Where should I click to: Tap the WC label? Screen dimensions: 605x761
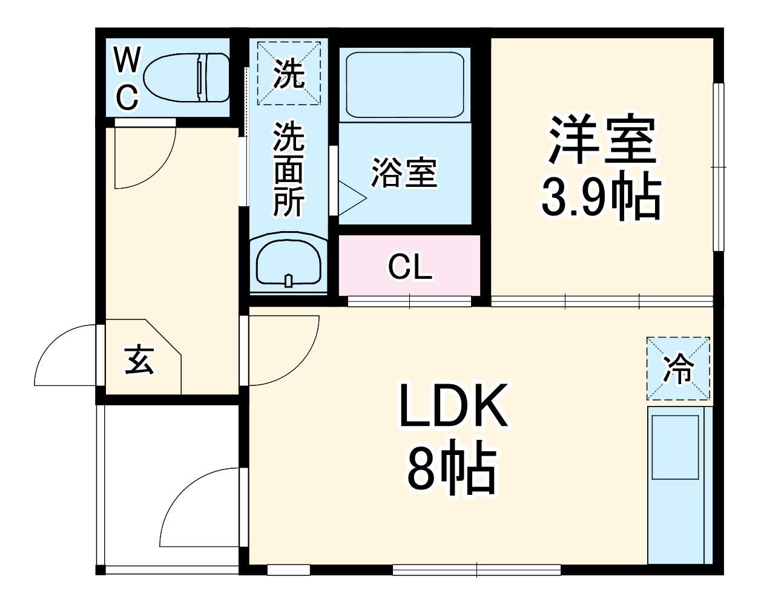point(127,79)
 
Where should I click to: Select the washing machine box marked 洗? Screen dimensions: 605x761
point(288,73)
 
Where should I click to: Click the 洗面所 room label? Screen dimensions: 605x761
point(289,169)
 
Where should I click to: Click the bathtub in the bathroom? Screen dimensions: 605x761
point(404,85)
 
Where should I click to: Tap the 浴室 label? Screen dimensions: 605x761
point(404,172)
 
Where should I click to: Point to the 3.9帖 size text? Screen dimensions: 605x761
point(599,197)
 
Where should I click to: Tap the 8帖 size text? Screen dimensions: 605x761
point(451,470)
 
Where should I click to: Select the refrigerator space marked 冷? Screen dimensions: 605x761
point(678,368)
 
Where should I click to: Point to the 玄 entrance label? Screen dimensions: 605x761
point(139,360)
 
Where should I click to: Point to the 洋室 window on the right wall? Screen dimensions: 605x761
point(718,166)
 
